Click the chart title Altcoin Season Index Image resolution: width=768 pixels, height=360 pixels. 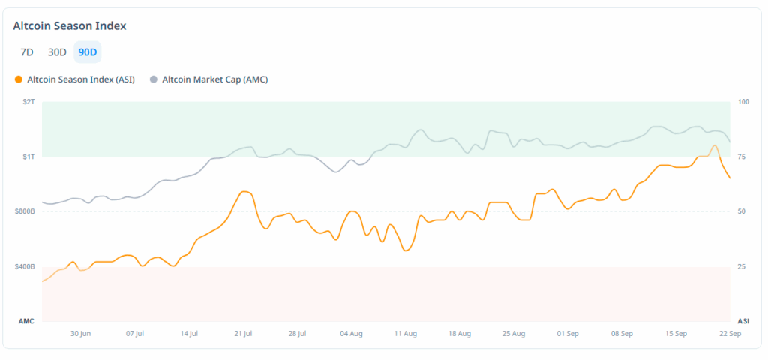[x=70, y=25]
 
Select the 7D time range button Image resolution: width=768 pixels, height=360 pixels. [x=27, y=52]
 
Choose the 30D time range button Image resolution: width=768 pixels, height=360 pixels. [x=57, y=52]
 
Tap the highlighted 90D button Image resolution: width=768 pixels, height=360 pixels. [x=87, y=52]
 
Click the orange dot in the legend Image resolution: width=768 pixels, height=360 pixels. [x=18, y=79]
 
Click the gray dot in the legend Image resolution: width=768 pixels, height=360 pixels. [x=154, y=79]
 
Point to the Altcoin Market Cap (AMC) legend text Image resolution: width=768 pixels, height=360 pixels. [x=214, y=79]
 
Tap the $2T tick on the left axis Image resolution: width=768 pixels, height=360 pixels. [x=28, y=101]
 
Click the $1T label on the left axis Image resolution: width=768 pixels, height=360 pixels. [x=28, y=157]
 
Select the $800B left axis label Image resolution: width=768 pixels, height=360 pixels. [x=25, y=211]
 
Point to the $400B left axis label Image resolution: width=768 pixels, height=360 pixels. [x=25, y=267]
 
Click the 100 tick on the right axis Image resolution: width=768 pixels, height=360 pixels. [x=743, y=101]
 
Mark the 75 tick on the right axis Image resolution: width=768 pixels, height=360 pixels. [x=742, y=157]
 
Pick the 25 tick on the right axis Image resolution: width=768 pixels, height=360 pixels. [x=742, y=267]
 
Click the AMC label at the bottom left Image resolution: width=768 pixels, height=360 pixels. [x=26, y=321]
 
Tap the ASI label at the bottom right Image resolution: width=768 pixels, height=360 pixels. [x=742, y=321]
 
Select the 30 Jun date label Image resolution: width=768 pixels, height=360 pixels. [x=81, y=333]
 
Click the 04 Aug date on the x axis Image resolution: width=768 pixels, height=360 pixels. [x=351, y=333]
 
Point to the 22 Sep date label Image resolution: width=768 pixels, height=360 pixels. [x=730, y=333]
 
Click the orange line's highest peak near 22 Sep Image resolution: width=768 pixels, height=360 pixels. [x=715, y=145]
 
